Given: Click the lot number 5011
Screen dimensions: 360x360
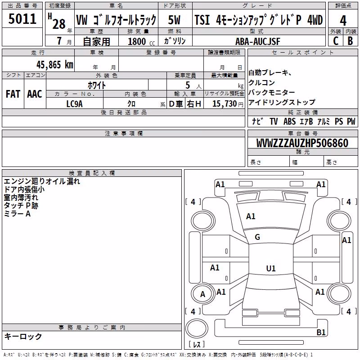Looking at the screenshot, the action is [22, 18].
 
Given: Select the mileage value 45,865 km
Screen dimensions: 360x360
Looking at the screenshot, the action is [54, 65].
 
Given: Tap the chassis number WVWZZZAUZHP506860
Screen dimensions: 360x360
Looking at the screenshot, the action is [302, 143].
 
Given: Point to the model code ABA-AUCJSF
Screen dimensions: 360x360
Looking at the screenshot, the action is [257, 41].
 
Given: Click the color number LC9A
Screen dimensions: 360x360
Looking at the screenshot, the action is [74, 104].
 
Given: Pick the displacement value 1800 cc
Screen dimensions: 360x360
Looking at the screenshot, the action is [141, 41].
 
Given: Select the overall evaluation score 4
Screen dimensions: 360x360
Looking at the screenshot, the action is [343, 20].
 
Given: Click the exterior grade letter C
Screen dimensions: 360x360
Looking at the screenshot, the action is [336, 41].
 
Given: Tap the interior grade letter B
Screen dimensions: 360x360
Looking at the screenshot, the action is [350, 41].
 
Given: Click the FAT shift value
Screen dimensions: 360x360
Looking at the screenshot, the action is [13, 94].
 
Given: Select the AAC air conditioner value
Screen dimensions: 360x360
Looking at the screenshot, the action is [35, 94].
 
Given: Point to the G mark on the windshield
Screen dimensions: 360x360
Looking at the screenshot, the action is [257, 237].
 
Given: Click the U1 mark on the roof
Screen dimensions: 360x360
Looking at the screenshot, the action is [271, 268].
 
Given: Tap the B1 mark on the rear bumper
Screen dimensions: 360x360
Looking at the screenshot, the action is [321, 332].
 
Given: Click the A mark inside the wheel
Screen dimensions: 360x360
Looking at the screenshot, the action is [202, 294].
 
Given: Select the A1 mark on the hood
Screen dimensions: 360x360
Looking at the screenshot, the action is [251, 216].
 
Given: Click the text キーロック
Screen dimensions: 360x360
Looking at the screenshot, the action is [23, 336].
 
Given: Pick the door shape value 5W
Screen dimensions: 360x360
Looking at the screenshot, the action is [174, 20].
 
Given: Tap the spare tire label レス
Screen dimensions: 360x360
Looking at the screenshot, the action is [197, 344].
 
